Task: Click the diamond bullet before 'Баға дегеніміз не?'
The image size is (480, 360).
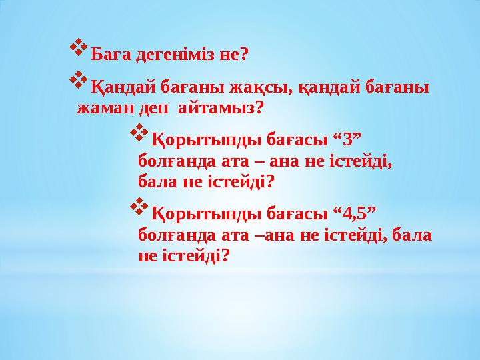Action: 78,48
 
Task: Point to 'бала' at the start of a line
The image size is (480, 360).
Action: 154,181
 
